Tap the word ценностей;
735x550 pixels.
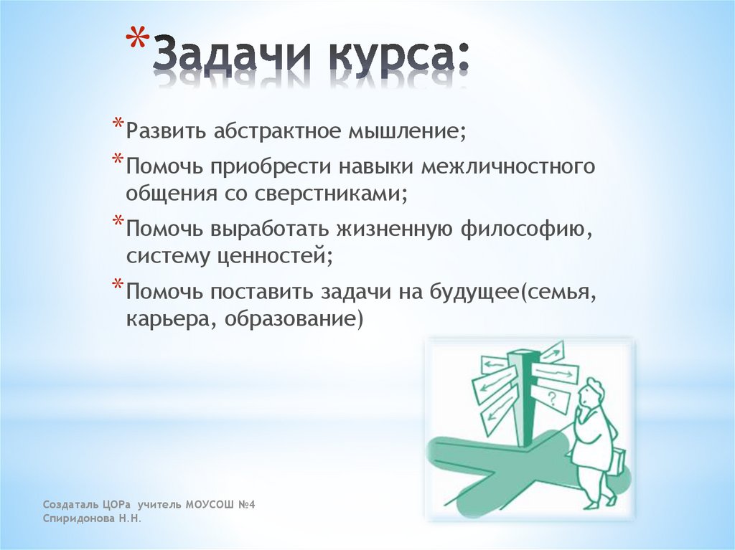coord(276,257)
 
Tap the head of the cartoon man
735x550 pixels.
coord(593,393)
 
